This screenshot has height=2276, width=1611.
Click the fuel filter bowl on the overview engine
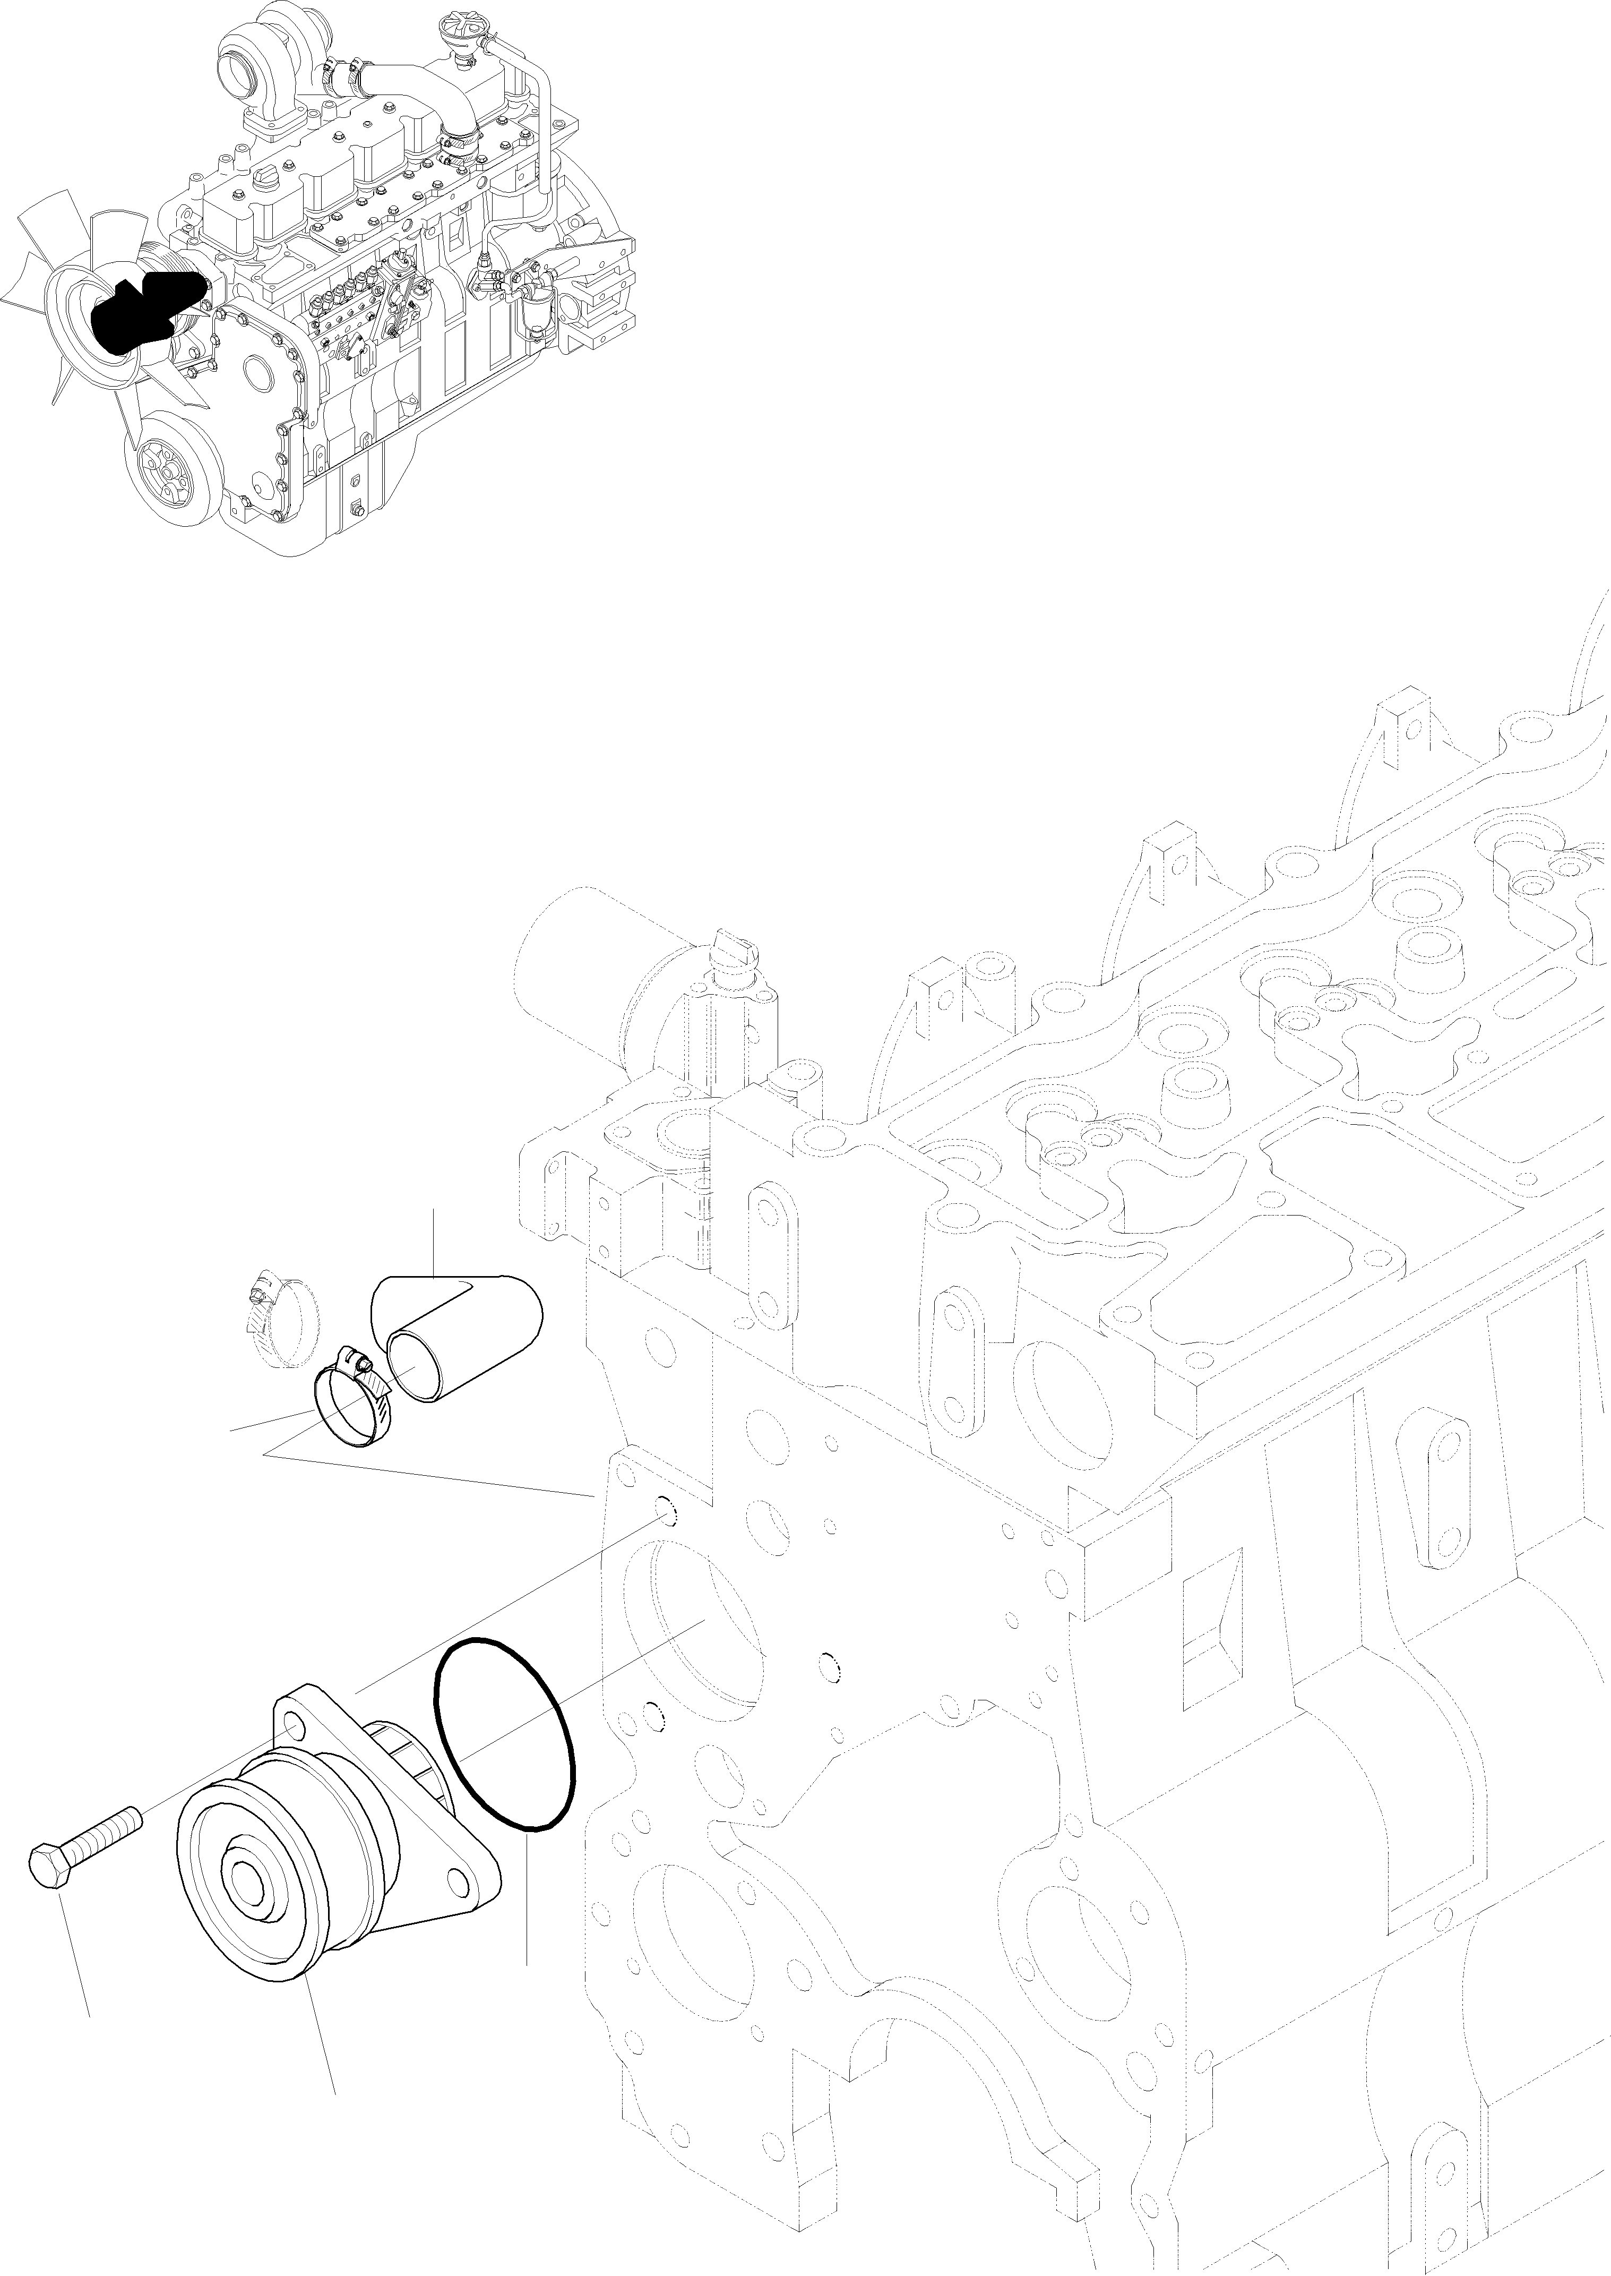tap(533, 315)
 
